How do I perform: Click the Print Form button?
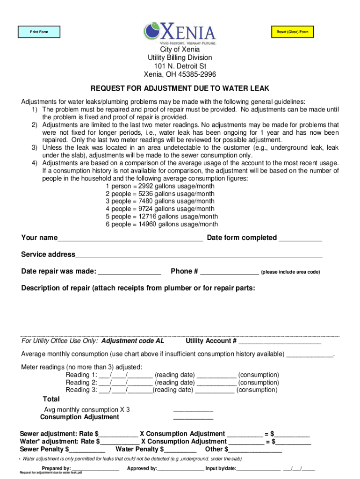pyautogui.click(x=39, y=32)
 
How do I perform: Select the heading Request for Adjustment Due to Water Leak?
pyautogui.click(x=180, y=88)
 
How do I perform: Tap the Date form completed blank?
pyautogui.click(x=300, y=238)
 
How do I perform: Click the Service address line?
pyautogui.click(x=199, y=254)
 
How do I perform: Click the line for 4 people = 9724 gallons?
pyautogui.click(x=160, y=209)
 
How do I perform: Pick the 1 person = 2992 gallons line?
pyautogui.click(x=160, y=186)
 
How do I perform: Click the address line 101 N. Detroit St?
pyautogui.click(x=180, y=66)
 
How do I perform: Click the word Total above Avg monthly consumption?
pyautogui.click(x=51, y=399)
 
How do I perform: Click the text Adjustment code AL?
pyautogui.click(x=133, y=341)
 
